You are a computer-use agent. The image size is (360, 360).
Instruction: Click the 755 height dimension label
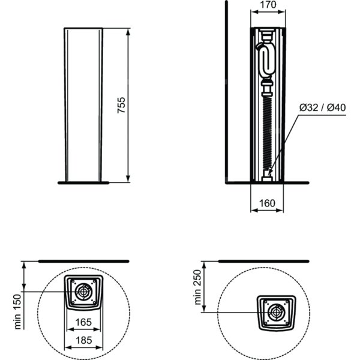(121, 105)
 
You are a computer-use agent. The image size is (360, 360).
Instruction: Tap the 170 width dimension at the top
(268, 5)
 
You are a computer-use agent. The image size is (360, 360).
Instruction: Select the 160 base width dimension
(267, 203)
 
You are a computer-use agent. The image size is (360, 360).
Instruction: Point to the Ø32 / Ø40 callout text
(322, 107)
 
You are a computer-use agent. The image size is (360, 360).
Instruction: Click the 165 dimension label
(83, 322)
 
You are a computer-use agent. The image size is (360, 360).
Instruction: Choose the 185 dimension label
(83, 340)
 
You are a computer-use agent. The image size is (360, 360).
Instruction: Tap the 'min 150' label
(17, 312)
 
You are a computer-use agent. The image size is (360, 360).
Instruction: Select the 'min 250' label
(197, 287)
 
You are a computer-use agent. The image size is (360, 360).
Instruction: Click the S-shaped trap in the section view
(266, 59)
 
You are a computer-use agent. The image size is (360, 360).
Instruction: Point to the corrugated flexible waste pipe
(267, 133)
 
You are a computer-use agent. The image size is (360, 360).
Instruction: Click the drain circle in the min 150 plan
(83, 292)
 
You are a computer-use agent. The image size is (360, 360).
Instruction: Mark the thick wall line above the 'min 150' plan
(83, 261)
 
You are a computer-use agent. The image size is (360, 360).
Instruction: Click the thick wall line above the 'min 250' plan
(263, 261)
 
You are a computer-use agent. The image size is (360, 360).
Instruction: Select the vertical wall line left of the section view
(227, 92)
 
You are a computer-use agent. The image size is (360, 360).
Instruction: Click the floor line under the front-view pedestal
(83, 183)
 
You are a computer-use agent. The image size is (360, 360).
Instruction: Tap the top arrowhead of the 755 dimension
(128, 32)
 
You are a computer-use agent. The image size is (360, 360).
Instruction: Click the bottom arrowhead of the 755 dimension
(128, 179)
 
